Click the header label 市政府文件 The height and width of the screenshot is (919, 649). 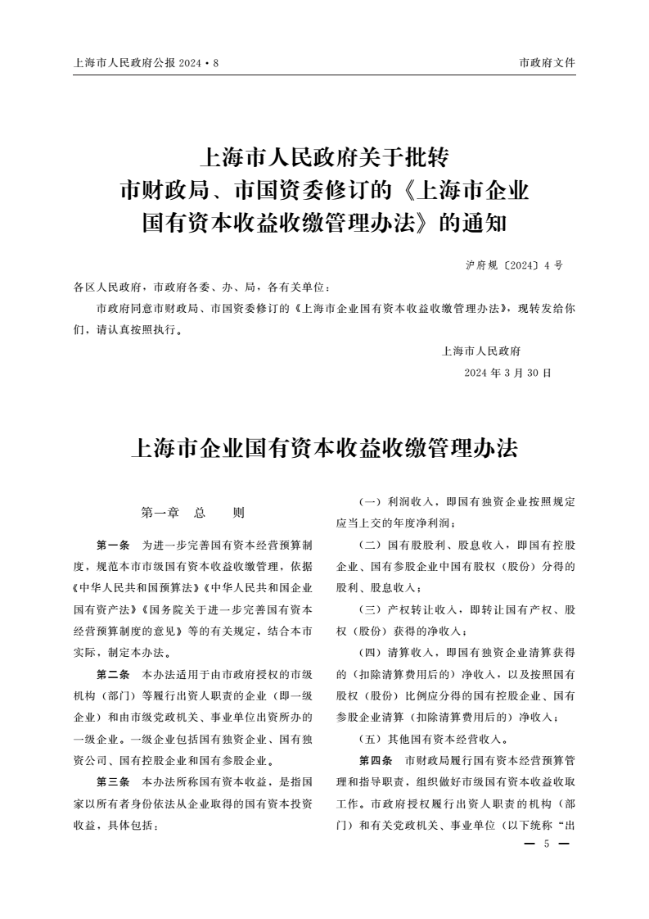point(548,63)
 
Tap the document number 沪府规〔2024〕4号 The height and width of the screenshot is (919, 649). point(513,265)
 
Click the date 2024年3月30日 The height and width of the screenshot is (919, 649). point(507,373)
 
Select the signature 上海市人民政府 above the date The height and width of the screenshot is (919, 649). point(481,351)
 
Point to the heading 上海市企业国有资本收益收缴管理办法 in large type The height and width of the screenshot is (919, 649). point(324,450)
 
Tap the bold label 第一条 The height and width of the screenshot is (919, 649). point(113,545)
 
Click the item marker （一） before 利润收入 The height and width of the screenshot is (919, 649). point(373,501)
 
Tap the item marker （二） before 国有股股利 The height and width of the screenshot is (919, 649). point(373,545)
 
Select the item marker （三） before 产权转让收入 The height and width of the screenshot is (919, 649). point(373,609)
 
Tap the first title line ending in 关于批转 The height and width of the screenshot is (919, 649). point(324,156)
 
